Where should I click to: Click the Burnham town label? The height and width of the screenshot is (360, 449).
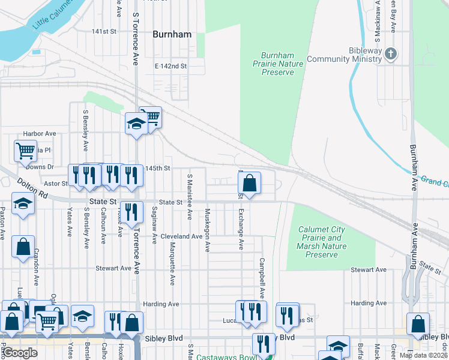(x=172, y=34)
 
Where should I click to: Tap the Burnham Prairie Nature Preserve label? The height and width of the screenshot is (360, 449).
(x=278, y=63)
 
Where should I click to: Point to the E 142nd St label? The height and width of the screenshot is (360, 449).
(x=171, y=66)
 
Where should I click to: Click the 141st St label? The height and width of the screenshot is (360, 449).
(x=103, y=31)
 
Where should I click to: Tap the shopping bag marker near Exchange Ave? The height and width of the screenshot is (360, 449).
(x=249, y=184)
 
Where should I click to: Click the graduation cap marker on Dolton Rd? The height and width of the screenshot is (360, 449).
(x=23, y=205)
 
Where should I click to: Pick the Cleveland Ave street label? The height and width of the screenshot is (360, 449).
(x=181, y=236)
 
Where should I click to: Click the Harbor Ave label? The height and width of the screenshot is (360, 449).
(x=40, y=134)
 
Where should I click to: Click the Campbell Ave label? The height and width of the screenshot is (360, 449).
(x=262, y=278)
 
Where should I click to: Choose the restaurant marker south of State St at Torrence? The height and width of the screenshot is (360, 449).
(x=131, y=212)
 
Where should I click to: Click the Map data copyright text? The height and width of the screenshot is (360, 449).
(x=423, y=355)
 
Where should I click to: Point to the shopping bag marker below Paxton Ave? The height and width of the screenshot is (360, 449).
(x=23, y=246)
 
